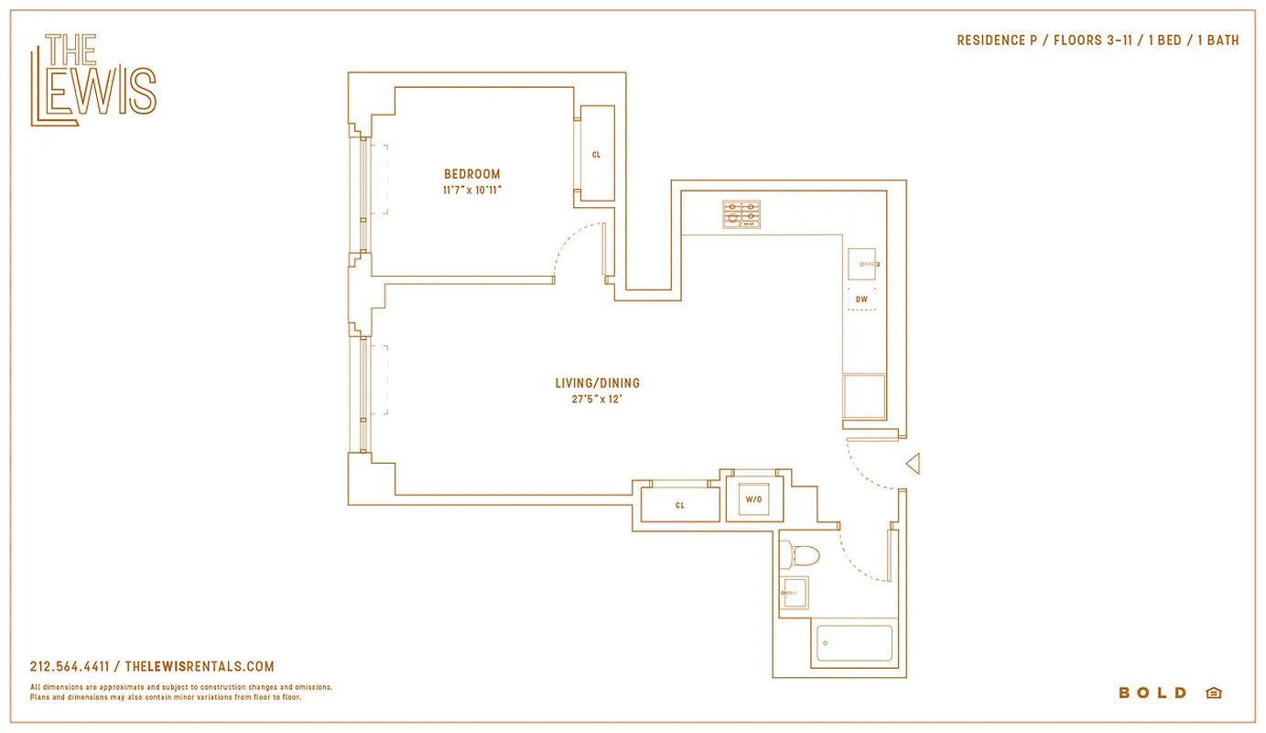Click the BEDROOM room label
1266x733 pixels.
tap(472, 174)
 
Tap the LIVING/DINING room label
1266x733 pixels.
tap(597, 383)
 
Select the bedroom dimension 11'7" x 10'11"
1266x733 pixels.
tap(472, 191)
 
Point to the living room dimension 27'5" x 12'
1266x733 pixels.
tap(597, 399)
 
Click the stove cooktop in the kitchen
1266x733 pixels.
tap(741, 214)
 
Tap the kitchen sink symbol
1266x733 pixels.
tap(862, 264)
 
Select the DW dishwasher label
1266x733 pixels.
tap(861, 300)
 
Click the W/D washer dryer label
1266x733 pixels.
tap(753, 500)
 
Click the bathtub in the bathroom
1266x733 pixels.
tap(854, 643)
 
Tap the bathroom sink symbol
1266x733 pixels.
tap(795, 593)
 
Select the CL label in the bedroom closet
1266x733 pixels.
tap(597, 155)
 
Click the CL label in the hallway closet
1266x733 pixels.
tap(680, 505)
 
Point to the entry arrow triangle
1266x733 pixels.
tap(912, 465)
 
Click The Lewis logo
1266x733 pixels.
tap(93, 80)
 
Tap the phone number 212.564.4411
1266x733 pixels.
tap(70, 667)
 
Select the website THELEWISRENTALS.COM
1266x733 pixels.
tap(199, 667)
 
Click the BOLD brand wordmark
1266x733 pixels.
tap(1152, 693)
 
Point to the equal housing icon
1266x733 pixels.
tap(1214, 693)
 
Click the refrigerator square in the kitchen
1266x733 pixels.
tap(864, 397)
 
